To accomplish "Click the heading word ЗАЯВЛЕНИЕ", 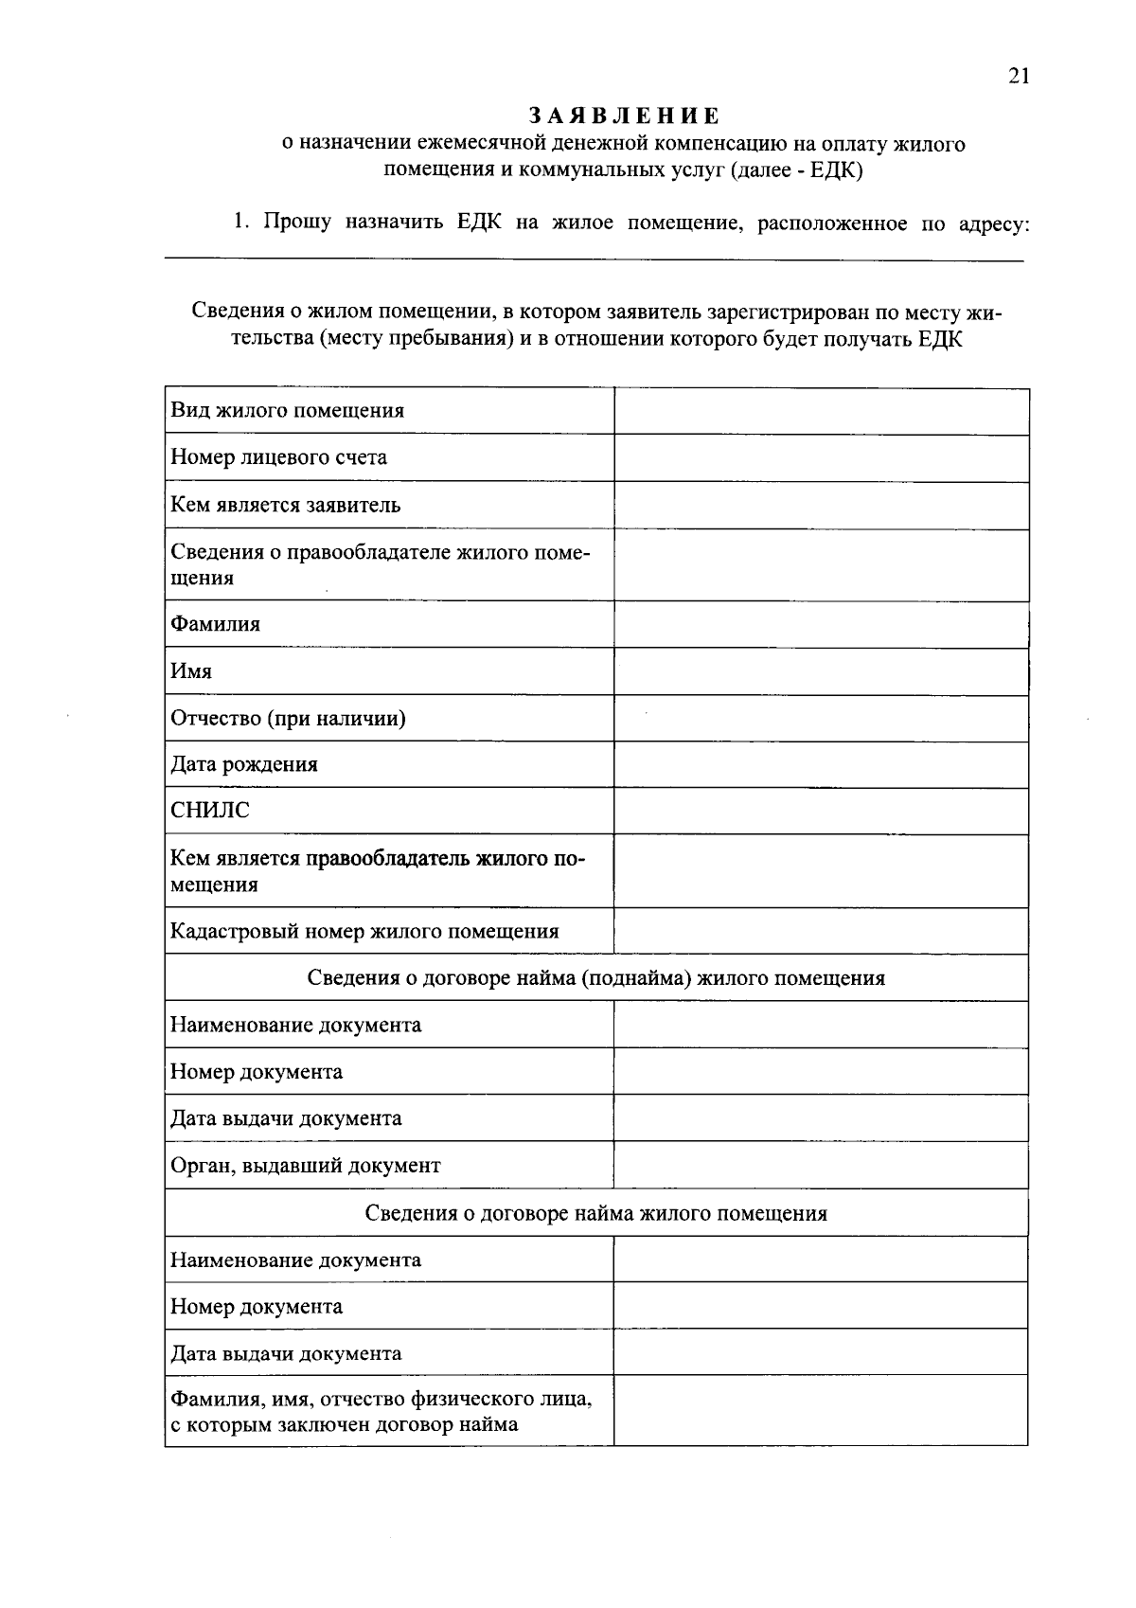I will click(624, 116).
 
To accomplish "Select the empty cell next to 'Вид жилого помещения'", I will click(821, 411).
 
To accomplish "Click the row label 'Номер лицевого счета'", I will click(278, 457).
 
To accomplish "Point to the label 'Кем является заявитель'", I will click(285, 505).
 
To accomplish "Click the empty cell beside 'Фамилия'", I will click(821, 625).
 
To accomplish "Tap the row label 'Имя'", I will click(191, 671).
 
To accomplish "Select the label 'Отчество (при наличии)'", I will click(288, 719).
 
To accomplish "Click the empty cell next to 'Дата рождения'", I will click(821, 765).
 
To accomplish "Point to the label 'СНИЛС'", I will click(210, 811).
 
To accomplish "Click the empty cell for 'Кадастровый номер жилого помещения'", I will click(821, 931).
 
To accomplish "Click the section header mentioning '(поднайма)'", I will click(596, 978).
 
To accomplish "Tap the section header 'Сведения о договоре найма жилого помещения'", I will click(596, 1213).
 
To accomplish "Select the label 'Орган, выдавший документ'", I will click(305, 1166).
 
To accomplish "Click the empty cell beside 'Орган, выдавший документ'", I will click(821, 1166).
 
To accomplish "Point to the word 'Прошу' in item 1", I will click(297, 223).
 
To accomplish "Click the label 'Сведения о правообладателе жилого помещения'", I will click(379, 564).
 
